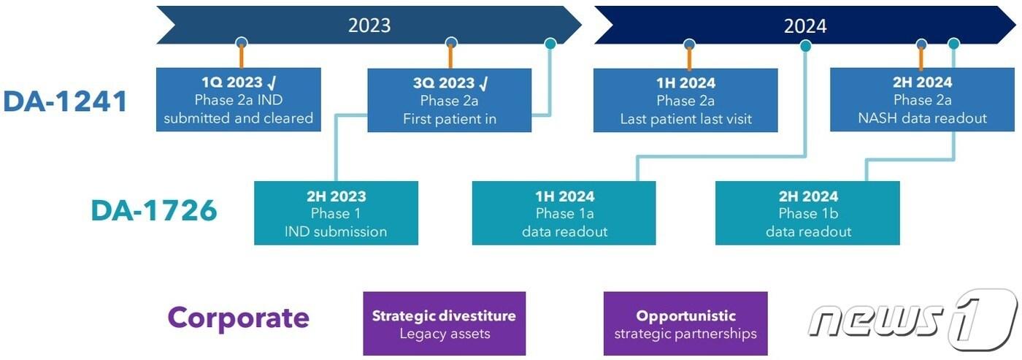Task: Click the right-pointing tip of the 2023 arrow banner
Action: (583, 25)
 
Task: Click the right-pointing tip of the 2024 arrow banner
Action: (1016, 25)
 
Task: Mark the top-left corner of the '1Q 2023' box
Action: (156, 68)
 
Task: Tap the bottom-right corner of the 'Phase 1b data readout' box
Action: (899, 245)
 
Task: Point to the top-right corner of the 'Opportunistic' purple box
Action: (767, 292)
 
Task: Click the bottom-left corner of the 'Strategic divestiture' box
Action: (364, 355)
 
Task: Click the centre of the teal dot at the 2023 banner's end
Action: (550, 43)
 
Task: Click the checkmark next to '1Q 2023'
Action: (272, 83)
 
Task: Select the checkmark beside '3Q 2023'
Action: (483, 83)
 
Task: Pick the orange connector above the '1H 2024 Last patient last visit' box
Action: (689, 58)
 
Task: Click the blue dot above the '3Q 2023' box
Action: (451, 43)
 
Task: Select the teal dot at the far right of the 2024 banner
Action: (953, 44)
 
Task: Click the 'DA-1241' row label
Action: (65, 102)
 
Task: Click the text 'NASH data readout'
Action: (922, 118)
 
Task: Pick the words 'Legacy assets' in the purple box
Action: (445, 334)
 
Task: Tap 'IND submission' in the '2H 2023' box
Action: (336, 231)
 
